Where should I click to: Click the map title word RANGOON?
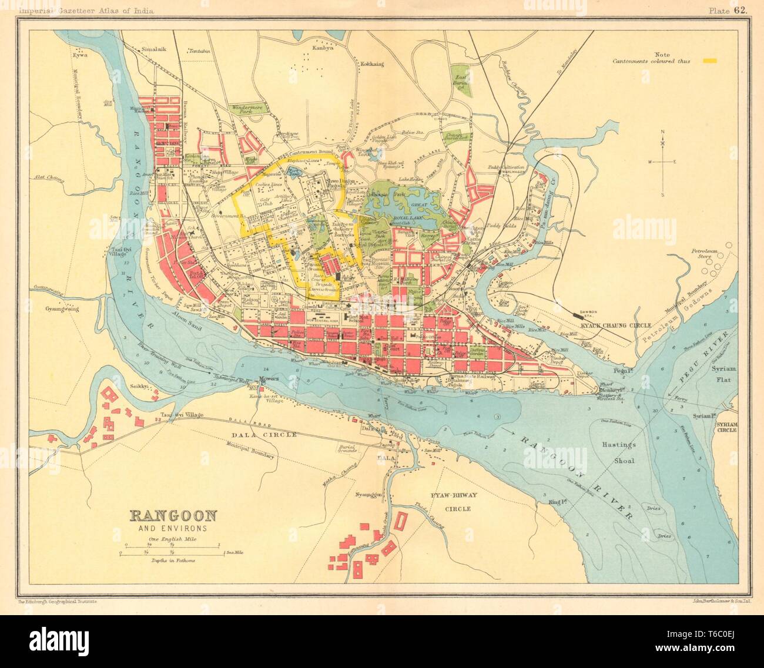point(173,516)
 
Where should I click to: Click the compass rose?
point(662,162)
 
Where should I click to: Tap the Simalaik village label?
point(154,50)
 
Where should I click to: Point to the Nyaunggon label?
point(368,495)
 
